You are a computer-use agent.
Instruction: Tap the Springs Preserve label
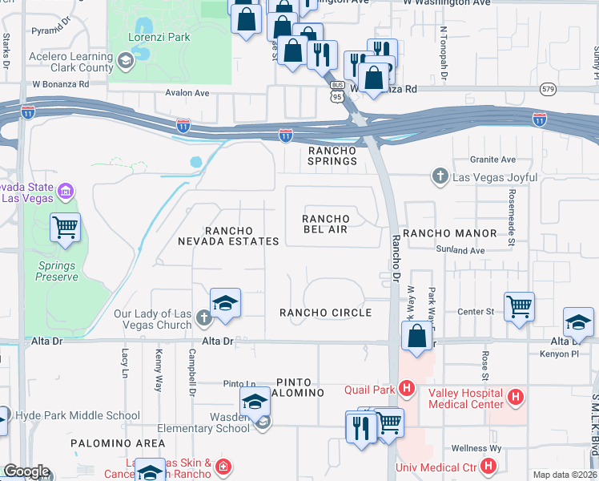(x=57, y=271)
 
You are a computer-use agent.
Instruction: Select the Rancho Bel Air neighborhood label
(x=325, y=224)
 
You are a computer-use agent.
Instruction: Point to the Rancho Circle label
(x=325, y=312)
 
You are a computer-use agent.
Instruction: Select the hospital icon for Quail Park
(x=407, y=390)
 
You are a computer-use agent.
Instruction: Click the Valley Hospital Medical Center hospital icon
(x=516, y=396)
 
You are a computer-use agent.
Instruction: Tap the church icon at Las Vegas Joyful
(x=440, y=176)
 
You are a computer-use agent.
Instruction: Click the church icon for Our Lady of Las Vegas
(x=203, y=318)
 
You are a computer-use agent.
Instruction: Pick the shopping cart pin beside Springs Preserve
(x=65, y=227)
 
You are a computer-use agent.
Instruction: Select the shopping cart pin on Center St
(x=519, y=305)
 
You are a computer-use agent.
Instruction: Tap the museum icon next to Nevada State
(x=65, y=192)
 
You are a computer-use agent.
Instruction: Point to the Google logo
(x=26, y=471)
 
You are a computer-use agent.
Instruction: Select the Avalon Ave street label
(x=187, y=93)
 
